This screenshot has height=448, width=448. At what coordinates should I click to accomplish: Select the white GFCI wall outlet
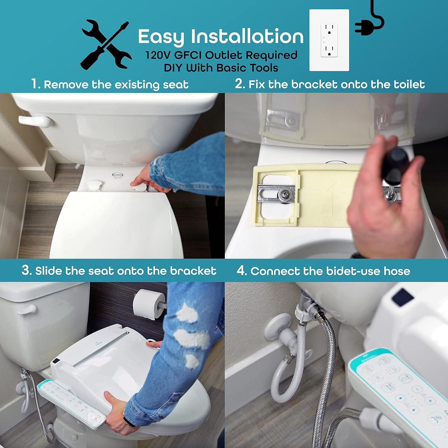click(329, 40)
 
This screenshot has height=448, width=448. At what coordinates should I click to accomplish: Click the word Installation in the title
click(247, 36)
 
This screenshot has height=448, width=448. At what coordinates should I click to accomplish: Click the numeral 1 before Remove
click(35, 84)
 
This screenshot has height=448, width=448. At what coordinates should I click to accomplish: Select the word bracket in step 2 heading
click(314, 84)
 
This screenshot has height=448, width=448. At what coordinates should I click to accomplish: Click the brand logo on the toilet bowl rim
click(117, 175)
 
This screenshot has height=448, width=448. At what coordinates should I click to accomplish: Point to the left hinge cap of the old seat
click(93, 185)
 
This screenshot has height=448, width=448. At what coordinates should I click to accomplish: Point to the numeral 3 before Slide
click(26, 270)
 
